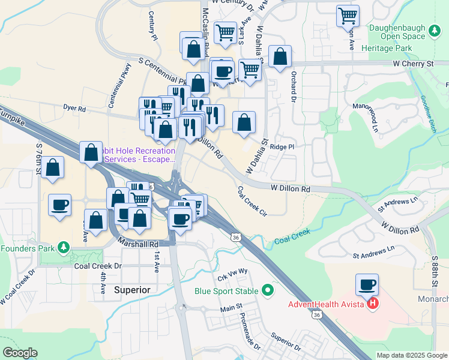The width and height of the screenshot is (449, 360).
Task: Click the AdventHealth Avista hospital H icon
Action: pyautogui.click(x=373, y=304)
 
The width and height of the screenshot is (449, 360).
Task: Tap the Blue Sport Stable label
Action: pyautogui.click(x=226, y=292)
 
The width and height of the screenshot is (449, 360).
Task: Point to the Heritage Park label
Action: pyautogui.click(x=391, y=48)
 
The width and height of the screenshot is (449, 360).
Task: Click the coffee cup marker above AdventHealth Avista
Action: pyautogui.click(x=367, y=284)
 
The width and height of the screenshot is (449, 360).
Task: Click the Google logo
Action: pyautogui.click(x=19, y=353)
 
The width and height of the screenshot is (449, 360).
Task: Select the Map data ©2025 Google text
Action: pyautogui.click(x=412, y=355)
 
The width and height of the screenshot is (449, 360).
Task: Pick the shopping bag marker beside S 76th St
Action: pyautogui.click(x=53, y=169)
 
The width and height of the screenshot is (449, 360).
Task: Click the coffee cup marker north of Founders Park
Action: pyautogui.click(x=60, y=205)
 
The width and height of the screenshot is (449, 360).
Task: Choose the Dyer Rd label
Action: pyautogui.click(x=75, y=109)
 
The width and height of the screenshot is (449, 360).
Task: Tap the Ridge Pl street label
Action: pyautogui.click(x=282, y=146)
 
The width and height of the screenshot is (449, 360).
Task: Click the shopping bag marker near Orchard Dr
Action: pyautogui.click(x=280, y=57)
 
